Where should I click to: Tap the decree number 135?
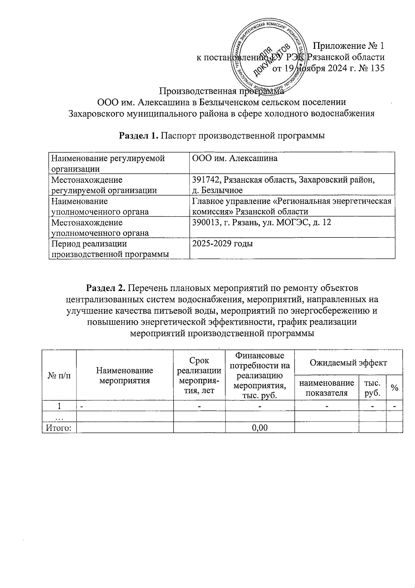[x=377, y=68]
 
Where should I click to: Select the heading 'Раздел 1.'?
[x=138, y=136]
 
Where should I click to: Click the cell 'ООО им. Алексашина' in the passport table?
[x=235, y=159]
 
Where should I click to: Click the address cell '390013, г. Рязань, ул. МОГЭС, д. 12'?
[x=261, y=223]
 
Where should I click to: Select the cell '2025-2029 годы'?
[x=222, y=244]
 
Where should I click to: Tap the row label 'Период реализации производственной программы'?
[x=110, y=249]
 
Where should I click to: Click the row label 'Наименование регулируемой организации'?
[x=108, y=163]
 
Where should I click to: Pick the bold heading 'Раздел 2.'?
[x=107, y=288]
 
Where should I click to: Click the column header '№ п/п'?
[x=59, y=375]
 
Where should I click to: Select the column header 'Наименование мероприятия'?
[x=124, y=376]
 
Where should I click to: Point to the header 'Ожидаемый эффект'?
[x=348, y=362]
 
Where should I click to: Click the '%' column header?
[x=394, y=388]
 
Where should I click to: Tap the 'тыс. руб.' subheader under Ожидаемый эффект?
[x=372, y=388]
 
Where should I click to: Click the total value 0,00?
[x=260, y=427]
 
